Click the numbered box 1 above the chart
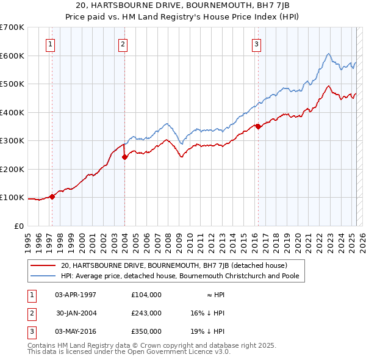(x=49, y=43)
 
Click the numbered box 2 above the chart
(x=123, y=43)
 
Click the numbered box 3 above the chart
(x=256, y=43)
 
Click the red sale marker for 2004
(x=124, y=157)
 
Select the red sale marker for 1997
(x=52, y=196)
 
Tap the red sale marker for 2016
(x=258, y=126)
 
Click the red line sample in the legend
(x=43, y=265)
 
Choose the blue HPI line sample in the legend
(x=43, y=276)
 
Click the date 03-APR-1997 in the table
(x=76, y=294)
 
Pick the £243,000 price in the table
(x=146, y=312)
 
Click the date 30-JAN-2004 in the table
(x=76, y=312)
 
